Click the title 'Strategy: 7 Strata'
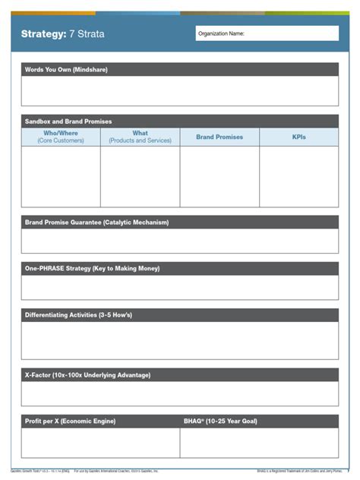pyautogui.click(x=63, y=34)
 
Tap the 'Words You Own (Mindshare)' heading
pyautogui.click(x=66, y=70)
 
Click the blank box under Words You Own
pyautogui.click(x=180, y=91)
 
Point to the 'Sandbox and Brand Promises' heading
pyautogui.click(x=68, y=122)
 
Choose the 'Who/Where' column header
pyautogui.click(x=61, y=137)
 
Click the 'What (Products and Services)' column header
pyautogui.click(x=140, y=137)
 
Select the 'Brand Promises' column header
pyautogui.click(x=219, y=137)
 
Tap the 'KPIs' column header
pyautogui.click(x=299, y=137)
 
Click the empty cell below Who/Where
pyautogui.click(x=61, y=176)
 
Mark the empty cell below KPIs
pyautogui.click(x=299, y=176)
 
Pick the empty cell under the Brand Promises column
pyautogui.click(x=219, y=176)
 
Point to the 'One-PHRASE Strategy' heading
pyautogui.click(x=92, y=268)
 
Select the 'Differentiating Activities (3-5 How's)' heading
pyautogui.click(x=84, y=314)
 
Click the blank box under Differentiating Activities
pyautogui.click(x=180, y=340)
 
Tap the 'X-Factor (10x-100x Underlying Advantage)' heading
pyautogui.click(x=87, y=375)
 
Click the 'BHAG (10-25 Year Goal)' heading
pyautogui.click(x=222, y=421)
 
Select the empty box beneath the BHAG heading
pyautogui.click(x=259, y=443)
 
